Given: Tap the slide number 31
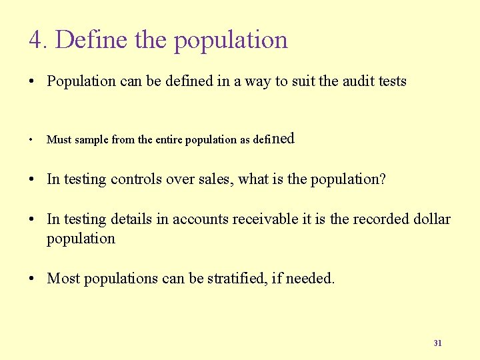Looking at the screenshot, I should (437, 343).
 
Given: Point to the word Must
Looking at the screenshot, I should (59, 140).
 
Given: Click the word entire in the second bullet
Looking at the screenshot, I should (169, 140).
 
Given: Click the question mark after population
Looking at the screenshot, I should (383, 179).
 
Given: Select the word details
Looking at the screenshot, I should (131, 219).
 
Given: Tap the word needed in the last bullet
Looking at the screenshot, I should (312, 278).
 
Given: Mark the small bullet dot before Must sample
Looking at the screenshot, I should (32, 140).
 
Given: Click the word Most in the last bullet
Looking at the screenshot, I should (63, 278).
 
